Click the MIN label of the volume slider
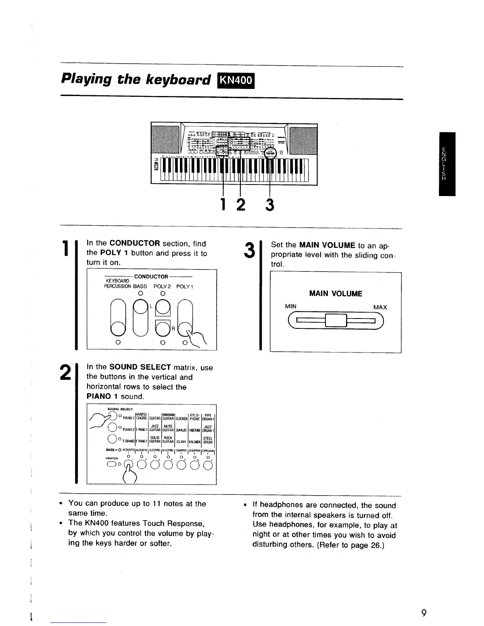(291, 307)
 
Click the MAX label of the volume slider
(380, 307)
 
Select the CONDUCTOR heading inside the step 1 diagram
(151, 277)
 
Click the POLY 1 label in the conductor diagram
(184, 286)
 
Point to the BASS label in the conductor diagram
(140, 286)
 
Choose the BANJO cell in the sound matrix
(181, 430)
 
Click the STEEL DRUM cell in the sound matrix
(208, 440)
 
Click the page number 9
(424, 614)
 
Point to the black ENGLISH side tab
(444, 164)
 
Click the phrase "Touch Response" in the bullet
(176, 523)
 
